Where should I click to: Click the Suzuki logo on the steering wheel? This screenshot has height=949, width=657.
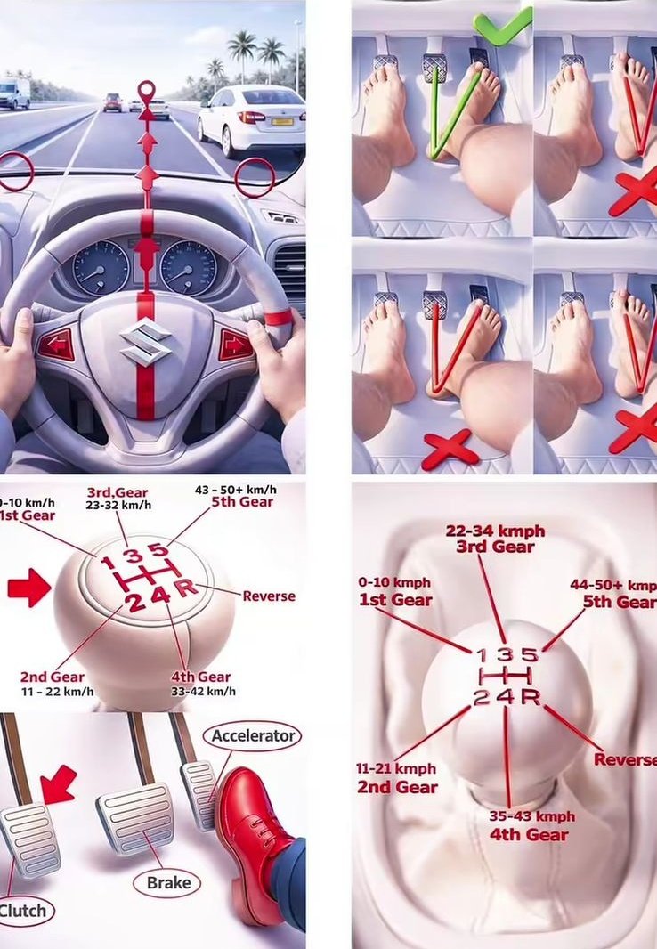[x=145, y=342]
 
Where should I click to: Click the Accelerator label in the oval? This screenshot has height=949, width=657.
[x=253, y=736]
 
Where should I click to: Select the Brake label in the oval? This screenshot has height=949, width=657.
[x=169, y=883]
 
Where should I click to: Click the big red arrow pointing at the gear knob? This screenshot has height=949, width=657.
[x=29, y=587]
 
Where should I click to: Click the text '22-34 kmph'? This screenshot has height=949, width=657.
[x=496, y=531]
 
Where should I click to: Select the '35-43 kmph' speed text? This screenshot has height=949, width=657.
[x=532, y=815]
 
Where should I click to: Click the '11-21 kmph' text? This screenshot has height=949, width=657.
[x=395, y=768]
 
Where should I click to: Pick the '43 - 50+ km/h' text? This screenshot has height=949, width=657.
[x=235, y=490]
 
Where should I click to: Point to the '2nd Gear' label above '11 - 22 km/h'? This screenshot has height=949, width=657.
[x=52, y=677]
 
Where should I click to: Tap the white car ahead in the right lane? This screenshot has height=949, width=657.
[x=251, y=118]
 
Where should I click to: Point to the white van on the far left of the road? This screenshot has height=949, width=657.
[x=14, y=93]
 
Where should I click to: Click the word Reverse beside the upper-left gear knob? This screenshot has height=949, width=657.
[x=269, y=596]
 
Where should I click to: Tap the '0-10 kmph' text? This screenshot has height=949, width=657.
[x=394, y=582]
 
